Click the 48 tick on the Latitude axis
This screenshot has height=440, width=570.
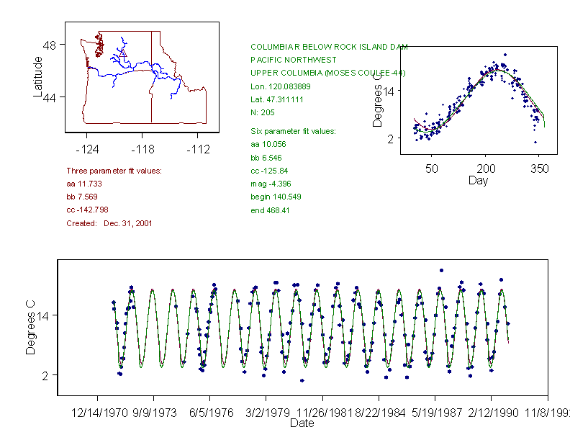point(50,45)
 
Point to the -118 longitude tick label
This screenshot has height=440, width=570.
point(142,150)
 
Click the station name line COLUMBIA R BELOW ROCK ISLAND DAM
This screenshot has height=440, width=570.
point(329,46)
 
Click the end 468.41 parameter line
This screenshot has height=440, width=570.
point(270,210)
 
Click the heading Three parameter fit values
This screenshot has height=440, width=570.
point(114,171)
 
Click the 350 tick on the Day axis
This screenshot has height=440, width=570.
point(540,168)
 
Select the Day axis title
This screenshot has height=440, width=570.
point(478,181)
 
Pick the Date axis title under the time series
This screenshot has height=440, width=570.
point(302,423)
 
